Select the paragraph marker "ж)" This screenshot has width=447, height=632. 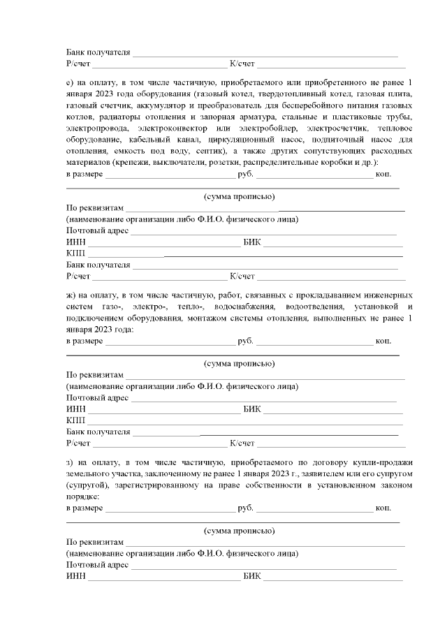tap(71, 295)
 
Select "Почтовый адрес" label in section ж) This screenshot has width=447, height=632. tap(97, 398)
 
